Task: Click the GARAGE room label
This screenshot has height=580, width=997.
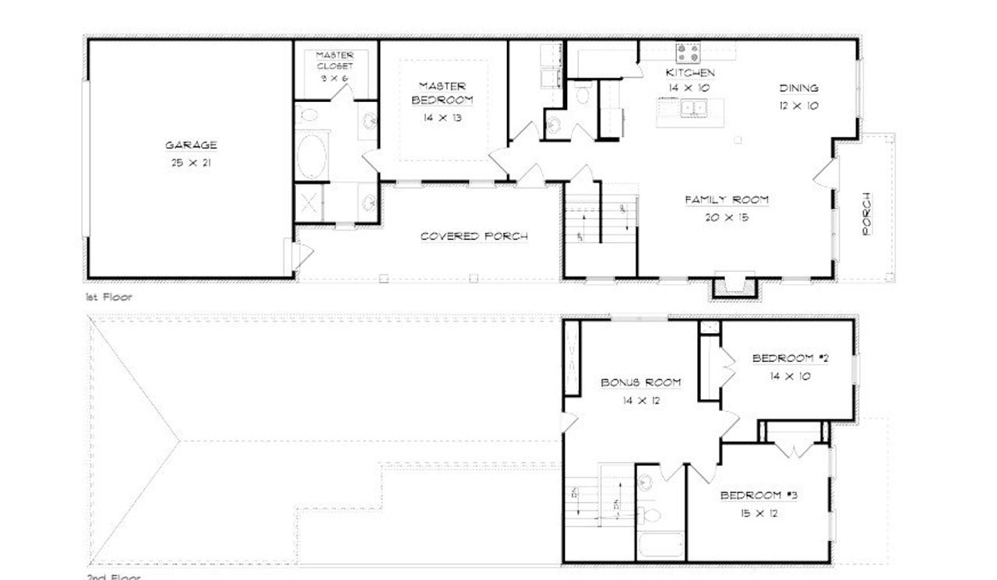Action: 191,146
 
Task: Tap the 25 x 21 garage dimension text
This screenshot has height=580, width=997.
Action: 191,163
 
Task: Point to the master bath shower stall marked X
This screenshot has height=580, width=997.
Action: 308,204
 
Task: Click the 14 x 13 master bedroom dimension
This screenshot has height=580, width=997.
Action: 442,117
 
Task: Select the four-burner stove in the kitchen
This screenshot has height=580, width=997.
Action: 688,52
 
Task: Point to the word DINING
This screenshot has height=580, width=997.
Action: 798,88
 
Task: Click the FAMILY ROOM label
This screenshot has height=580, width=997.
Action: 727,200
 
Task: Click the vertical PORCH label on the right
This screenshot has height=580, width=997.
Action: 867,213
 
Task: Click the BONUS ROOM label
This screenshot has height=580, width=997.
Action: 641,382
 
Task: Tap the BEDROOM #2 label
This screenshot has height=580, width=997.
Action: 790,358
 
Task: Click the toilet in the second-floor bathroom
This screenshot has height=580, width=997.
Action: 653,515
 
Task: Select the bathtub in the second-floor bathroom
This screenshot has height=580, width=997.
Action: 661,545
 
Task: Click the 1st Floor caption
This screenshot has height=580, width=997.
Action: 109,297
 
